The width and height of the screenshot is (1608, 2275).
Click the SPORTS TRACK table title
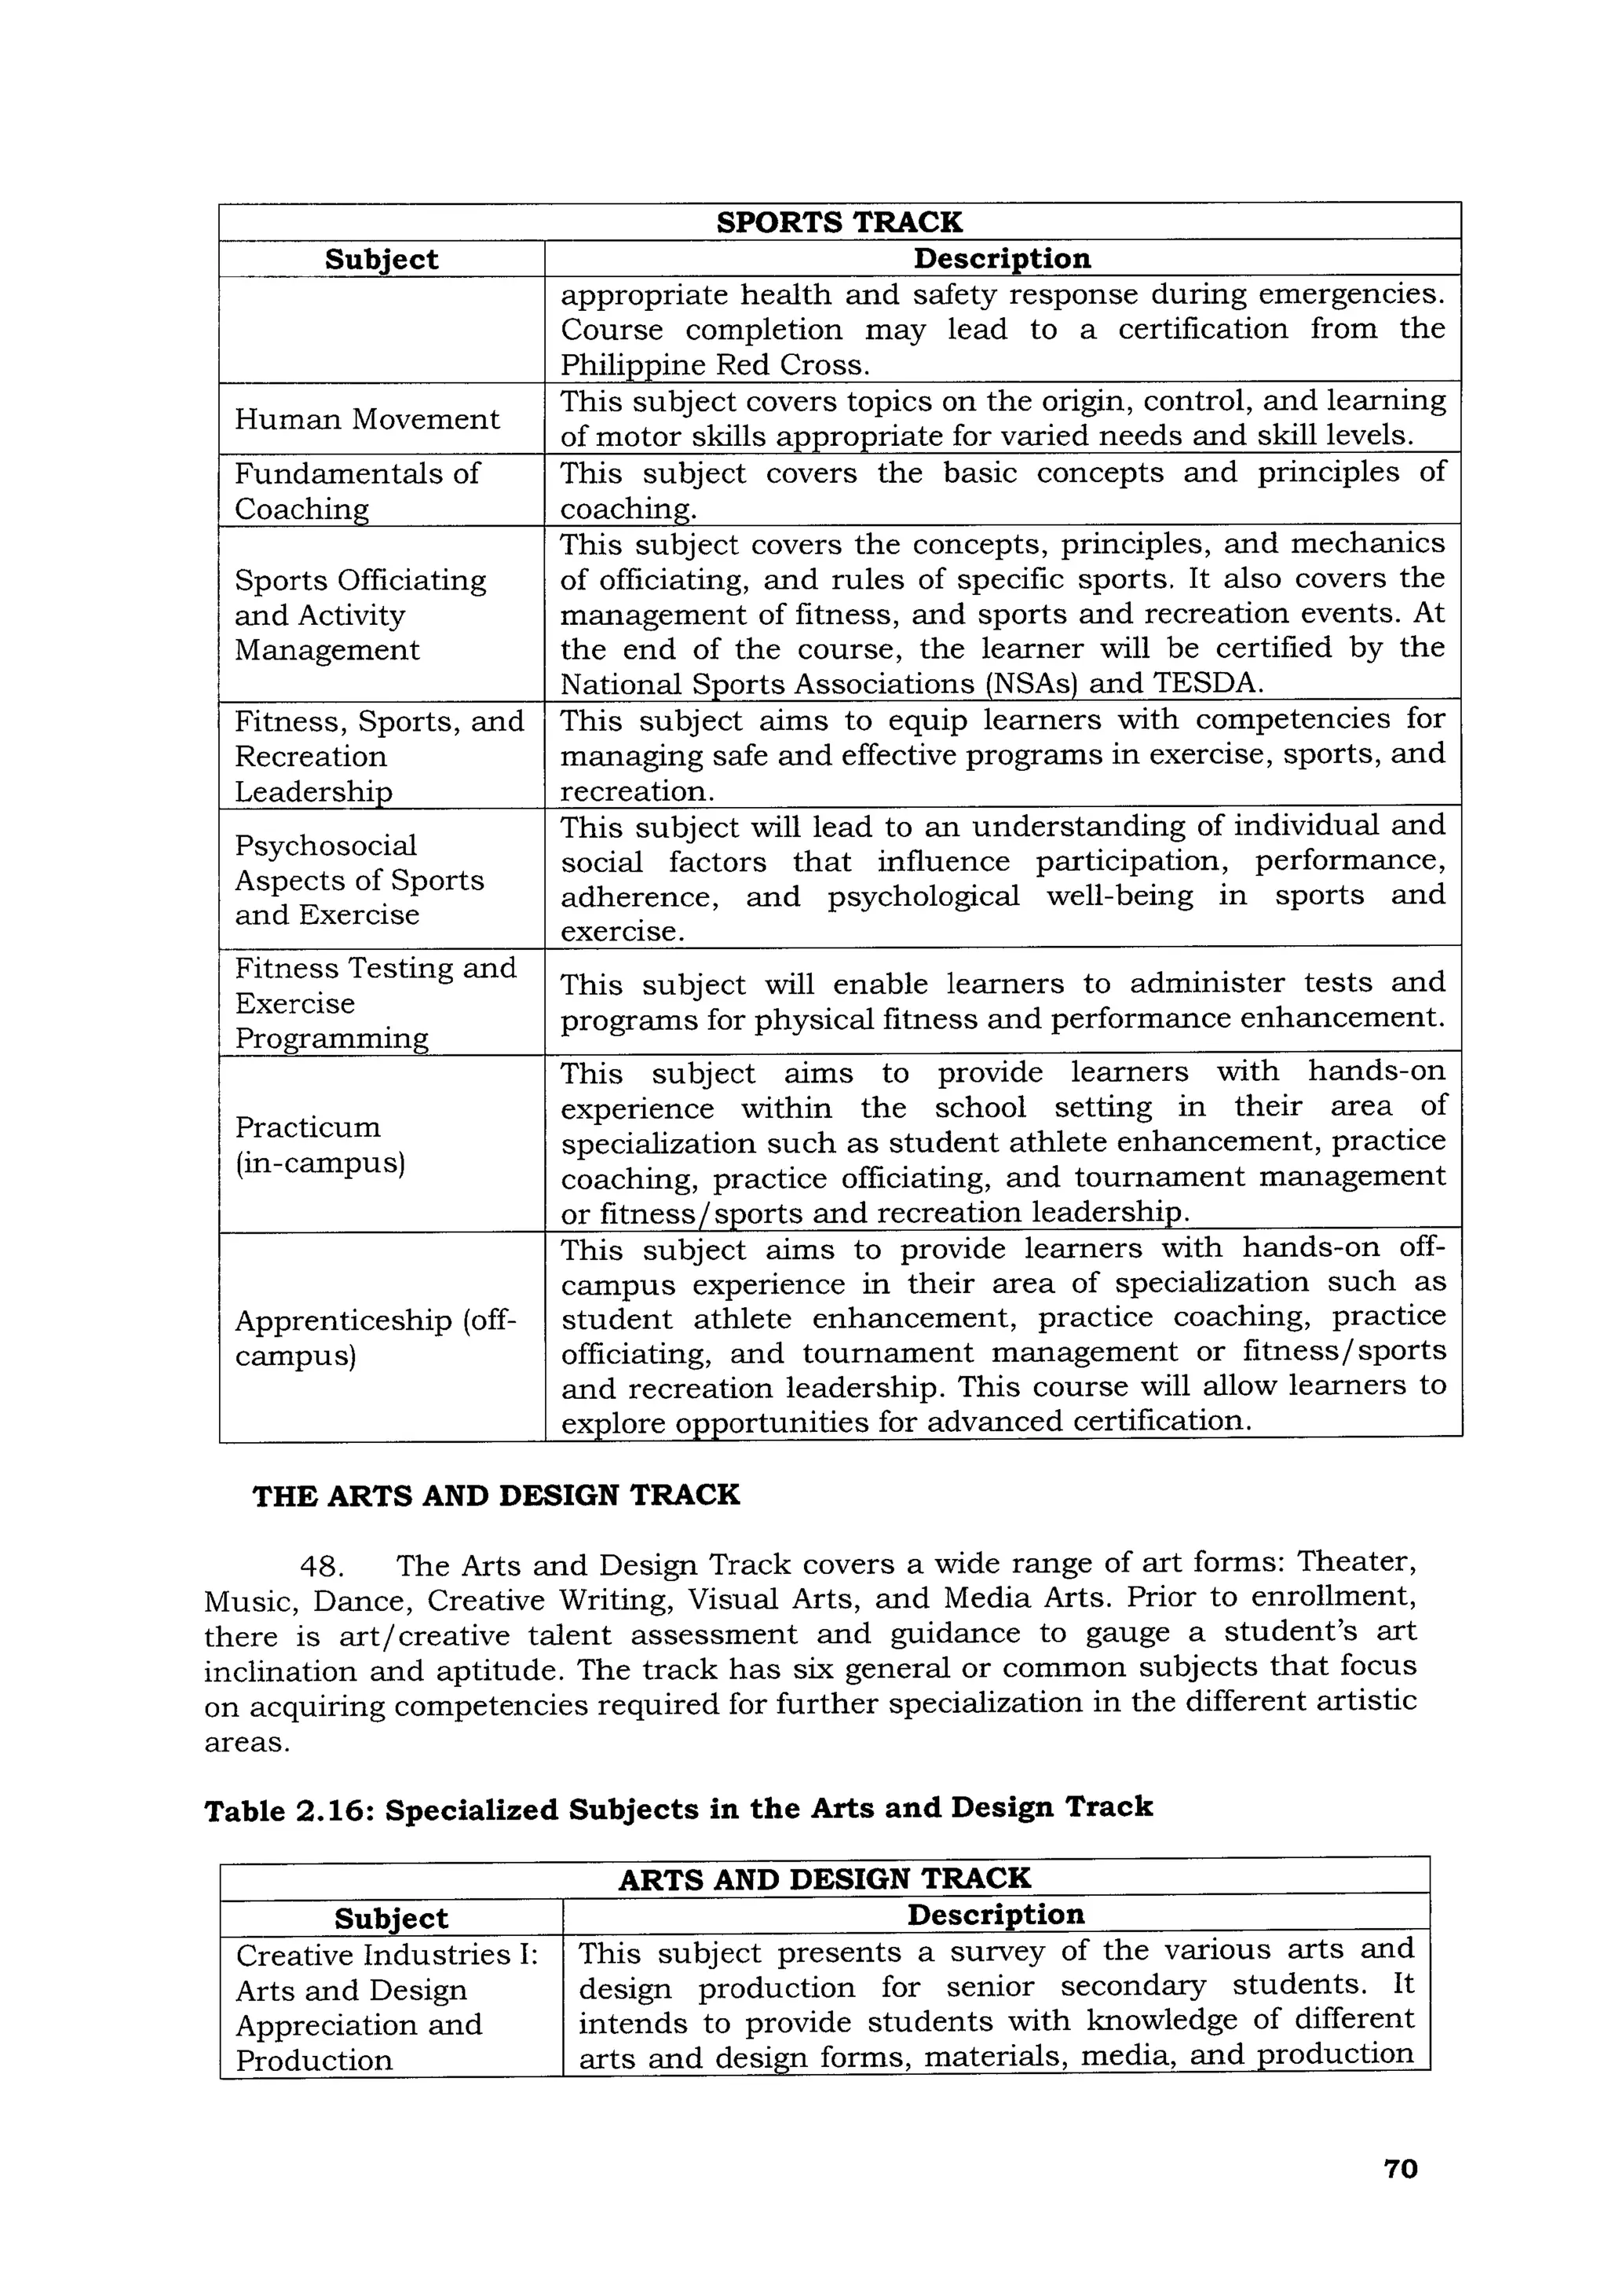pos(839,222)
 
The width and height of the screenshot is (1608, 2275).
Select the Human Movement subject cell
pos(367,419)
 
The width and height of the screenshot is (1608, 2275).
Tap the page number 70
pos(1400,2169)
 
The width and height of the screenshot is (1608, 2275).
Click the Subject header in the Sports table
pos(382,260)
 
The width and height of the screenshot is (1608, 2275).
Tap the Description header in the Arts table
pos(995,1915)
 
